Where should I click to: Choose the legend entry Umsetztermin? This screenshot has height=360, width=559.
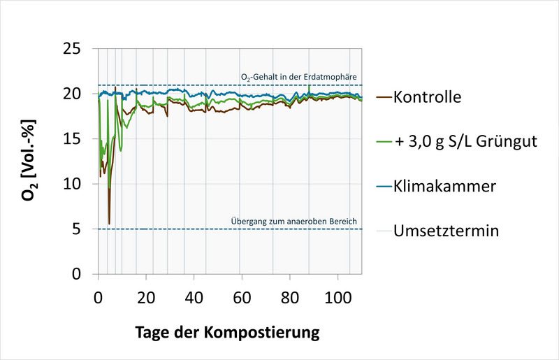tap(446, 231)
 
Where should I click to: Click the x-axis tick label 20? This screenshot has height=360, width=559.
tap(146, 295)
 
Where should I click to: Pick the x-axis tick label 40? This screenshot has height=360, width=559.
tap(194, 295)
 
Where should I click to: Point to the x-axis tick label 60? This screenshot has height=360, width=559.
tap(242, 295)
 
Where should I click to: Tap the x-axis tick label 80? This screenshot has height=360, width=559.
tap(291, 295)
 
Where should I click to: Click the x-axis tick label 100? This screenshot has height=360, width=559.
tap(339, 295)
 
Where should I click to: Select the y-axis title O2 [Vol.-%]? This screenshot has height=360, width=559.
tap(28, 161)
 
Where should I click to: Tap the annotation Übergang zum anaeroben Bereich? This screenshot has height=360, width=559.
tap(294, 222)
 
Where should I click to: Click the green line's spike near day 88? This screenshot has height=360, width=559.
tap(309, 86)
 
